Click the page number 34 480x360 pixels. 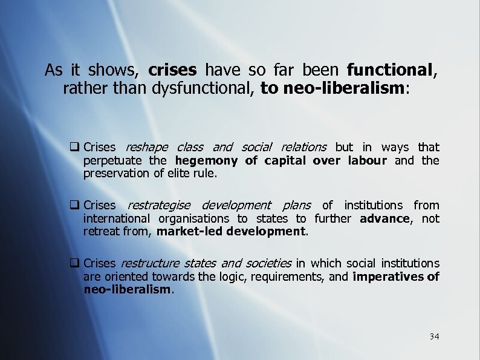point(434,336)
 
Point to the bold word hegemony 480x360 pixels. point(207,160)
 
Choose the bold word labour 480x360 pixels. point(367,160)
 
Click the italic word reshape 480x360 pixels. point(147,147)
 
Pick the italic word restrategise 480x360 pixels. point(158,206)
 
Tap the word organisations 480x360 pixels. point(193,218)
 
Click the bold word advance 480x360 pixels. point(384,218)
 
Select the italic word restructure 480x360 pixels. point(150,263)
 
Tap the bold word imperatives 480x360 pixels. point(389,277)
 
